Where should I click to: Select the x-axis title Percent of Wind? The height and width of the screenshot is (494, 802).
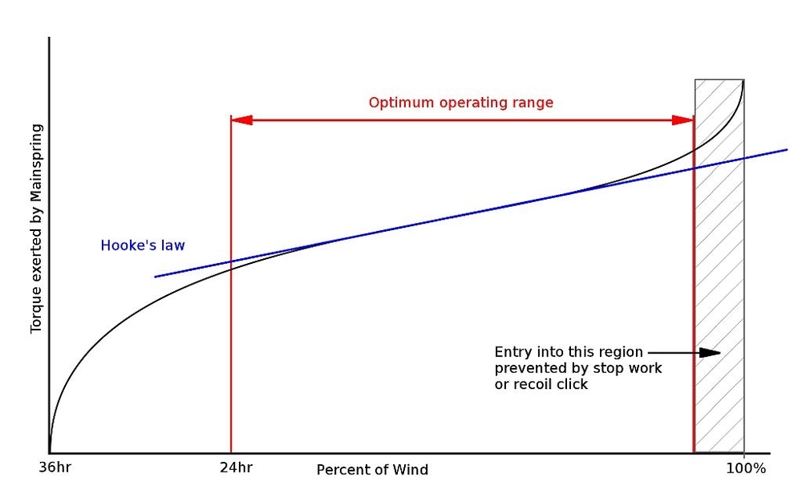(x=372, y=470)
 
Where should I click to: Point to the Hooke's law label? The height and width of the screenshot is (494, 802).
(x=144, y=246)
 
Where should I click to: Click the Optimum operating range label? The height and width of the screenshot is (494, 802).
(x=460, y=103)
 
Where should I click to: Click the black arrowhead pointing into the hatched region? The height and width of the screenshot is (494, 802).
(x=711, y=352)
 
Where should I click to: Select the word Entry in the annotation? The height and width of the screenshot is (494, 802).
(x=511, y=352)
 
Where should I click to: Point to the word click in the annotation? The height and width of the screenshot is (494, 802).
(x=573, y=384)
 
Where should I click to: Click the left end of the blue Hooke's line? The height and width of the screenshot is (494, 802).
(x=156, y=277)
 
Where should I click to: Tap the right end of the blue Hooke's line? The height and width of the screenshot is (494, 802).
(x=788, y=149)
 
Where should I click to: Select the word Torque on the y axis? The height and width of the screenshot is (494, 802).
(x=36, y=311)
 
